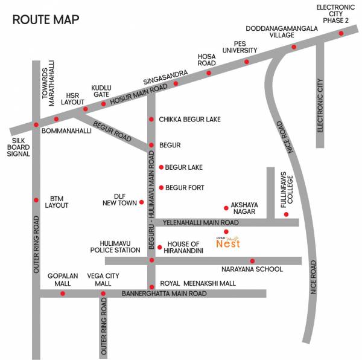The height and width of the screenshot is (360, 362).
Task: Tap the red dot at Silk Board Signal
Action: coord(36,125)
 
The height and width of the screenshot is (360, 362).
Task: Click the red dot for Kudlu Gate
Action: coord(103,103)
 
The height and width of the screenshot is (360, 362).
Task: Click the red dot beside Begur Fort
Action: coord(161,188)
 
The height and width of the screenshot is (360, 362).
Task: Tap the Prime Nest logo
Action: coord(228,242)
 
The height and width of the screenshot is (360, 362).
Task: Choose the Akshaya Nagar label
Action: coord(244,208)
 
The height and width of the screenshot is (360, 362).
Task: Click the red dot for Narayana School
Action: coord(252,261)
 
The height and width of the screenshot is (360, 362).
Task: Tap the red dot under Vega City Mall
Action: coord(103,294)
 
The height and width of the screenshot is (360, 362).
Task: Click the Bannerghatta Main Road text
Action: coord(164,294)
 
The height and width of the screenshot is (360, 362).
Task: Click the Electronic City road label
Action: coord(320,106)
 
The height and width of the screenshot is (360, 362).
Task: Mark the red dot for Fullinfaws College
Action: coord(287,214)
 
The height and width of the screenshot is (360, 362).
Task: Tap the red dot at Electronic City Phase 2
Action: coord(342,35)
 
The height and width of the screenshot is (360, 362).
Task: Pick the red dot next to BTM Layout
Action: coord(36,199)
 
